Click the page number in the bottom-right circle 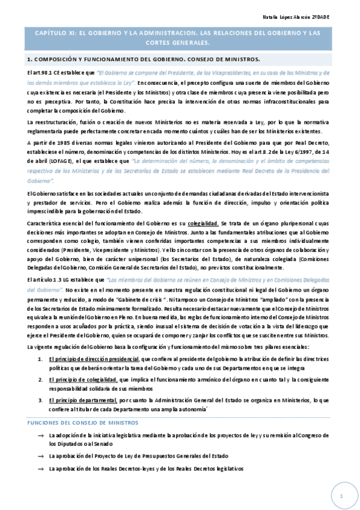340,496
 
